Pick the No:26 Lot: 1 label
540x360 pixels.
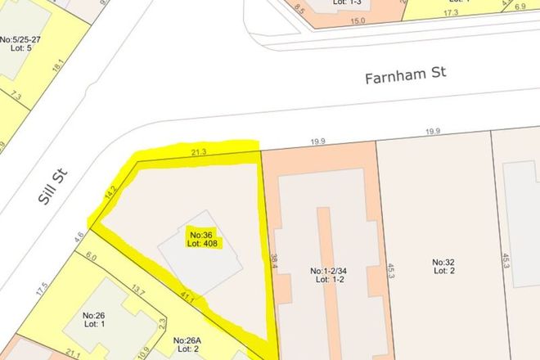coord(95,318)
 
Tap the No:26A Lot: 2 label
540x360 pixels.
coord(187,344)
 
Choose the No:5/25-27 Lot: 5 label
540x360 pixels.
coord(20,43)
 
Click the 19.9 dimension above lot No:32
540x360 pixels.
coord(433,132)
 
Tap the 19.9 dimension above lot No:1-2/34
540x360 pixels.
coord(317,142)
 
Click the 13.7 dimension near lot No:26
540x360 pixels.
coord(139,292)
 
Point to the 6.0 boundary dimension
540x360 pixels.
coord(92,258)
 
